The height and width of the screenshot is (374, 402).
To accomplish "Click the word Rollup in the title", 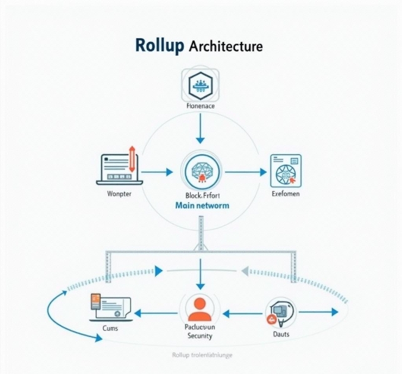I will (x=159, y=46).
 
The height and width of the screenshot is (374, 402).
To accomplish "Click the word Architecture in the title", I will (x=225, y=46).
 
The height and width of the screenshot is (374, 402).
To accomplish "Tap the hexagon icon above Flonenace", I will (x=200, y=85).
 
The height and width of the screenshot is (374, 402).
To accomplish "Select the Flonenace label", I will (x=200, y=107).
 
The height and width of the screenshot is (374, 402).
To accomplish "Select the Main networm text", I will (x=201, y=205).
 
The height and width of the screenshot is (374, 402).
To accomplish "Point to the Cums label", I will (x=109, y=328).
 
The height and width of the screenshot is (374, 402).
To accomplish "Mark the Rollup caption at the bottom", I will (x=201, y=355).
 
